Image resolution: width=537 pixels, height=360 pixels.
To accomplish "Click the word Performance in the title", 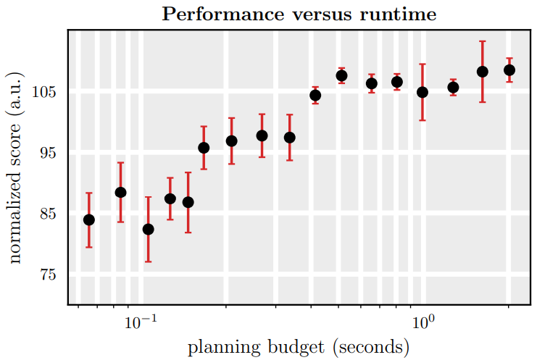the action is tap(222, 14).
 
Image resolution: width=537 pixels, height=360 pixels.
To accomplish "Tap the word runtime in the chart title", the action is tap(398, 14).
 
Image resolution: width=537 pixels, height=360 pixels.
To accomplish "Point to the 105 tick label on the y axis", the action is tap(43, 92).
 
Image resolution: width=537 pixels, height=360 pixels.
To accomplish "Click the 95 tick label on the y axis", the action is tap(48, 154).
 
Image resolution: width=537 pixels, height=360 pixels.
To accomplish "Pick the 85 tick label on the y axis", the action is tap(48, 214).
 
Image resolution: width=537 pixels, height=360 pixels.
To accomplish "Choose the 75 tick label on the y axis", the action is tap(48, 275).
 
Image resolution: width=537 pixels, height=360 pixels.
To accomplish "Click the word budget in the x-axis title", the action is tap(296, 348).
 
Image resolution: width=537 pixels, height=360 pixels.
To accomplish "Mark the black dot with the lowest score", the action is tap(148, 230).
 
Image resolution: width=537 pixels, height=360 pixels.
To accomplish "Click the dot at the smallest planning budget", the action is tap(89, 219).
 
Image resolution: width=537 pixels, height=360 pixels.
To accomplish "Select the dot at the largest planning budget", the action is tap(509, 70).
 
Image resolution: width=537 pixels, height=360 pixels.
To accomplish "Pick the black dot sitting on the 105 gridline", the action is tap(422, 92).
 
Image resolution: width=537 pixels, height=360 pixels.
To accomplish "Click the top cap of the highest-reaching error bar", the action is tap(482, 41).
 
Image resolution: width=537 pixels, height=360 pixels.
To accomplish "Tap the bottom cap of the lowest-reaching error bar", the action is tap(148, 261).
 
